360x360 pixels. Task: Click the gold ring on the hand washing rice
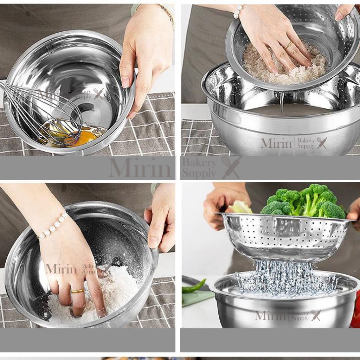[x=288, y=45]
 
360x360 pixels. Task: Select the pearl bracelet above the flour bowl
[x=53, y=225]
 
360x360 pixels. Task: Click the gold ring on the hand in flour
[x=78, y=291]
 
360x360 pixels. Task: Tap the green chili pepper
[x=194, y=286]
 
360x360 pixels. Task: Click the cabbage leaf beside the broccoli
[x=240, y=207]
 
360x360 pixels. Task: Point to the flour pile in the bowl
[x=96, y=296]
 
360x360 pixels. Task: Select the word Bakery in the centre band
[x=199, y=163]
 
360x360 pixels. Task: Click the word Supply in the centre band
[x=199, y=173]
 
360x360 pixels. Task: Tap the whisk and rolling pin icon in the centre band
[x=231, y=168]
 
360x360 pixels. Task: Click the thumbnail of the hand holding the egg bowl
[x=87, y=79]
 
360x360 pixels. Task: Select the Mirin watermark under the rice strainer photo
[x=276, y=143]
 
